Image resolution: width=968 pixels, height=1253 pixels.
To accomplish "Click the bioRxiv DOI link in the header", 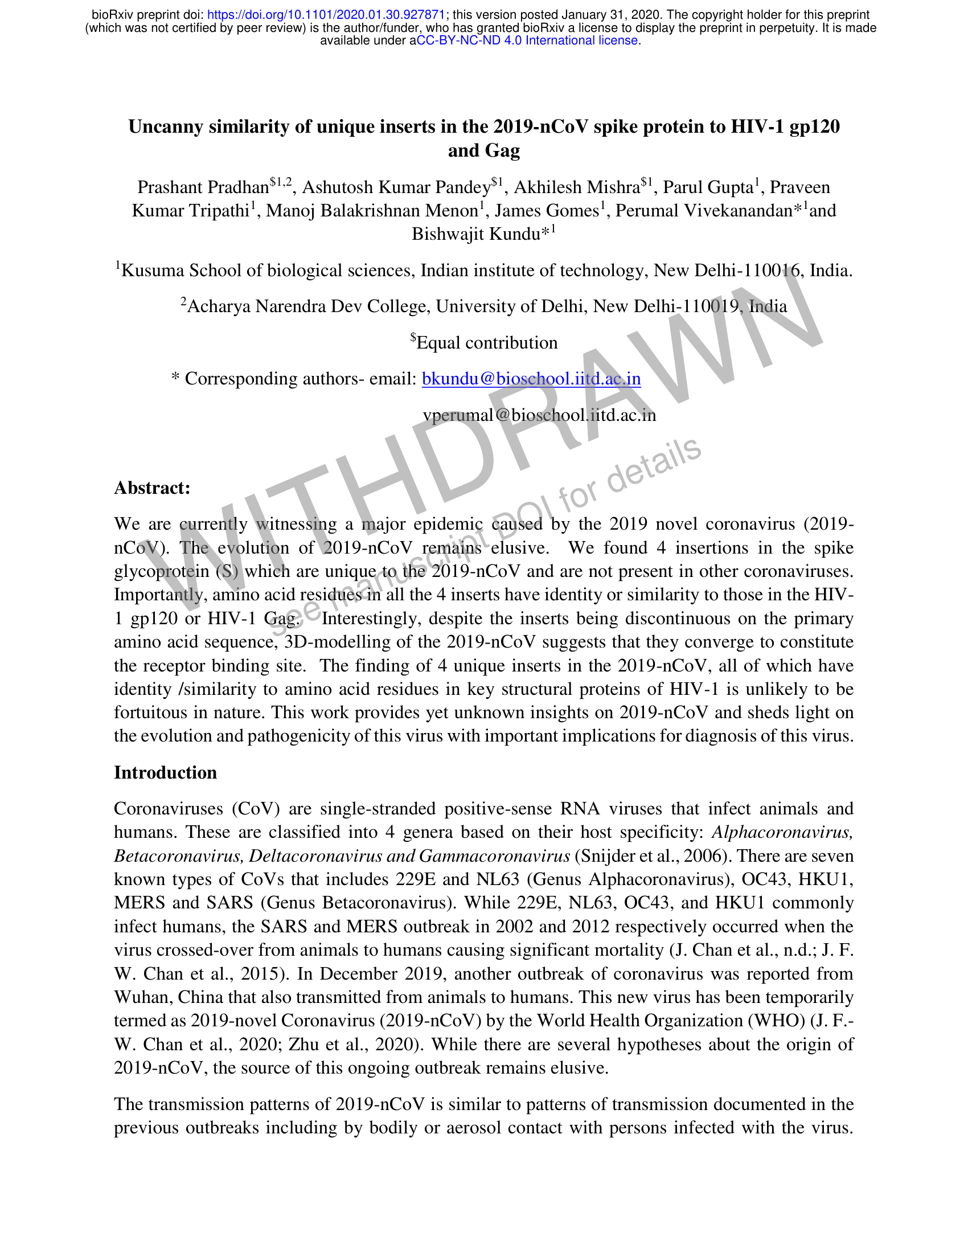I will pos(326,15).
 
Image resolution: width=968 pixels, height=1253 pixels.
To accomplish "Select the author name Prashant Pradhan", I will pos(203,187).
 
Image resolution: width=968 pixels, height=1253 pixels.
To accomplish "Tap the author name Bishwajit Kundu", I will pos(476,234).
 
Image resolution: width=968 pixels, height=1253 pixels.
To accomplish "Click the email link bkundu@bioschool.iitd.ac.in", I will pos(531,379).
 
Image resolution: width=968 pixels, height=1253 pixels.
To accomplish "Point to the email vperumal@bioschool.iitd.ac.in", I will pos(539,415).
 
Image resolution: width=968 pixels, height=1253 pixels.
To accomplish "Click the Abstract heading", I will pos(152,488).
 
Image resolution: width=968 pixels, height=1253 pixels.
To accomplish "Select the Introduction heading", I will pos(165,772).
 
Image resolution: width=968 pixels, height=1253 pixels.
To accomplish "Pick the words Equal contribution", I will pos(487,343).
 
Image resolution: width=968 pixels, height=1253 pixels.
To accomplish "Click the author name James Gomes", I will pos(547,211).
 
